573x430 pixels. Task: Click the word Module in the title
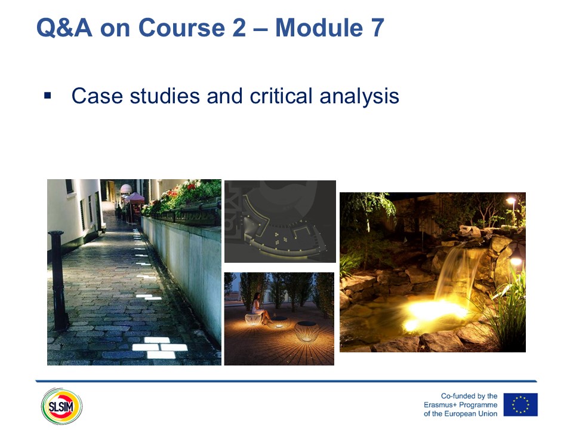(x=319, y=28)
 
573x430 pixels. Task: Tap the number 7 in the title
(x=378, y=28)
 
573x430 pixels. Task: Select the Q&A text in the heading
(x=64, y=28)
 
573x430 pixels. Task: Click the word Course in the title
(x=181, y=28)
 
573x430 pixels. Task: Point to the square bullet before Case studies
(x=47, y=96)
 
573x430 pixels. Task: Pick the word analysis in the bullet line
(x=359, y=97)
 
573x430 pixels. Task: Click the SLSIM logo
(x=61, y=406)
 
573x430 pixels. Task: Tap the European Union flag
(x=520, y=405)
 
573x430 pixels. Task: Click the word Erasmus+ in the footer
(x=440, y=405)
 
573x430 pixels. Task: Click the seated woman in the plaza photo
(x=260, y=308)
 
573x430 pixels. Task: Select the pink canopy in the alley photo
(x=134, y=198)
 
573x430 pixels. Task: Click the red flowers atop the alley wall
(x=180, y=189)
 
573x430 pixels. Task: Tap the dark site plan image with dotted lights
(x=280, y=221)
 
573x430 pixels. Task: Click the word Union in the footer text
(x=488, y=414)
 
